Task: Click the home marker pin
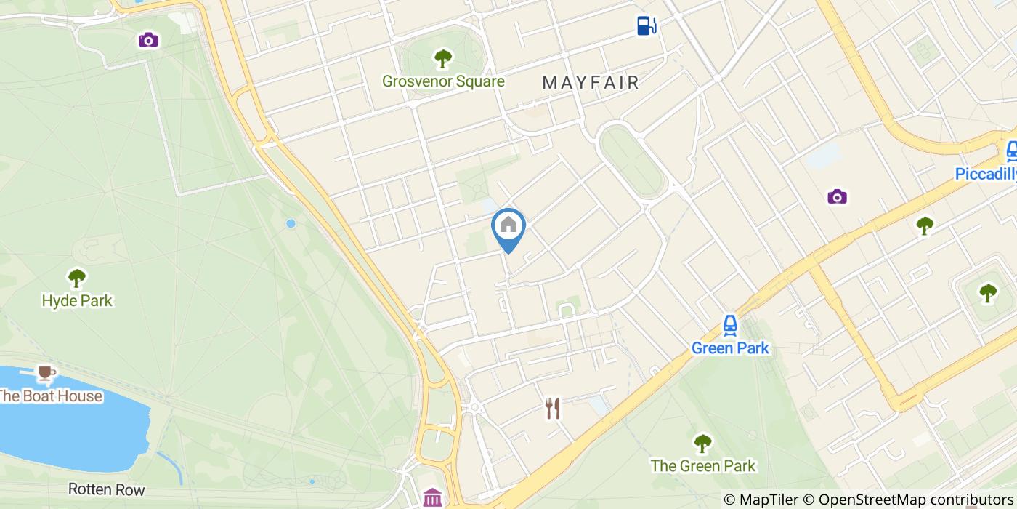coord(508,227)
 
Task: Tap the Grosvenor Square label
coord(443,81)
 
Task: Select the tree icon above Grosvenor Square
coord(442,58)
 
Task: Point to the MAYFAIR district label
coord(591,82)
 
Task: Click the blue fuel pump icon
coord(646,25)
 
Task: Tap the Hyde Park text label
coord(77,300)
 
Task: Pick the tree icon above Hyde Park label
coord(76,277)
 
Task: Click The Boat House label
coord(49,396)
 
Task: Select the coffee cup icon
coord(46,373)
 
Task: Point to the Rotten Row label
coord(106,489)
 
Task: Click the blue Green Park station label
coord(729,348)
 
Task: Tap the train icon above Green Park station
coord(730,325)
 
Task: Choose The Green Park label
coord(702,466)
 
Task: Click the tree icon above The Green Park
coord(702,442)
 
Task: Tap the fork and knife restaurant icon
coord(553,408)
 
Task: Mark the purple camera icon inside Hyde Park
coord(148,39)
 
